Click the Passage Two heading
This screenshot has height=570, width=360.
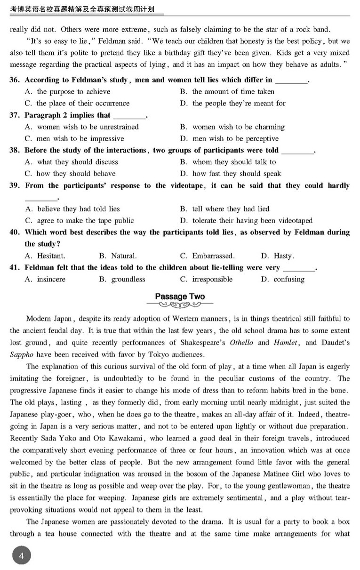tap(180, 297)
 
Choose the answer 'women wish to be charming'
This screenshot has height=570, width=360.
tap(238, 127)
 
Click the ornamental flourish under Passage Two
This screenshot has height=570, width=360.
tap(180, 305)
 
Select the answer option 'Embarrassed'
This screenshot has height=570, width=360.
tap(213, 256)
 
